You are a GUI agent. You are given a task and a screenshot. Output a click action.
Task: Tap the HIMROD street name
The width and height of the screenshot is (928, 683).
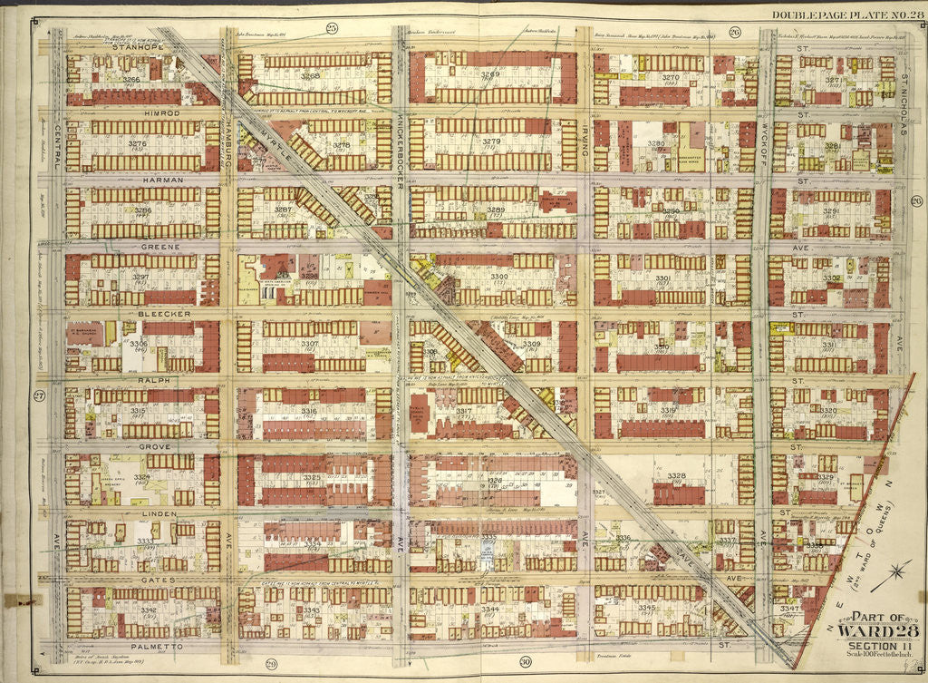point(138,113)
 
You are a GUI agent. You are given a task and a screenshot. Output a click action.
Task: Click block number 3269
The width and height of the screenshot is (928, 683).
point(490,74)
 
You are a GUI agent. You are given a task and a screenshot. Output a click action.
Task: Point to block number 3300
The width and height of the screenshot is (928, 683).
point(499,276)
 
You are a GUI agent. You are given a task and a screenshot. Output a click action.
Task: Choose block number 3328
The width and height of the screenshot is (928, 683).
point(676,475)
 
